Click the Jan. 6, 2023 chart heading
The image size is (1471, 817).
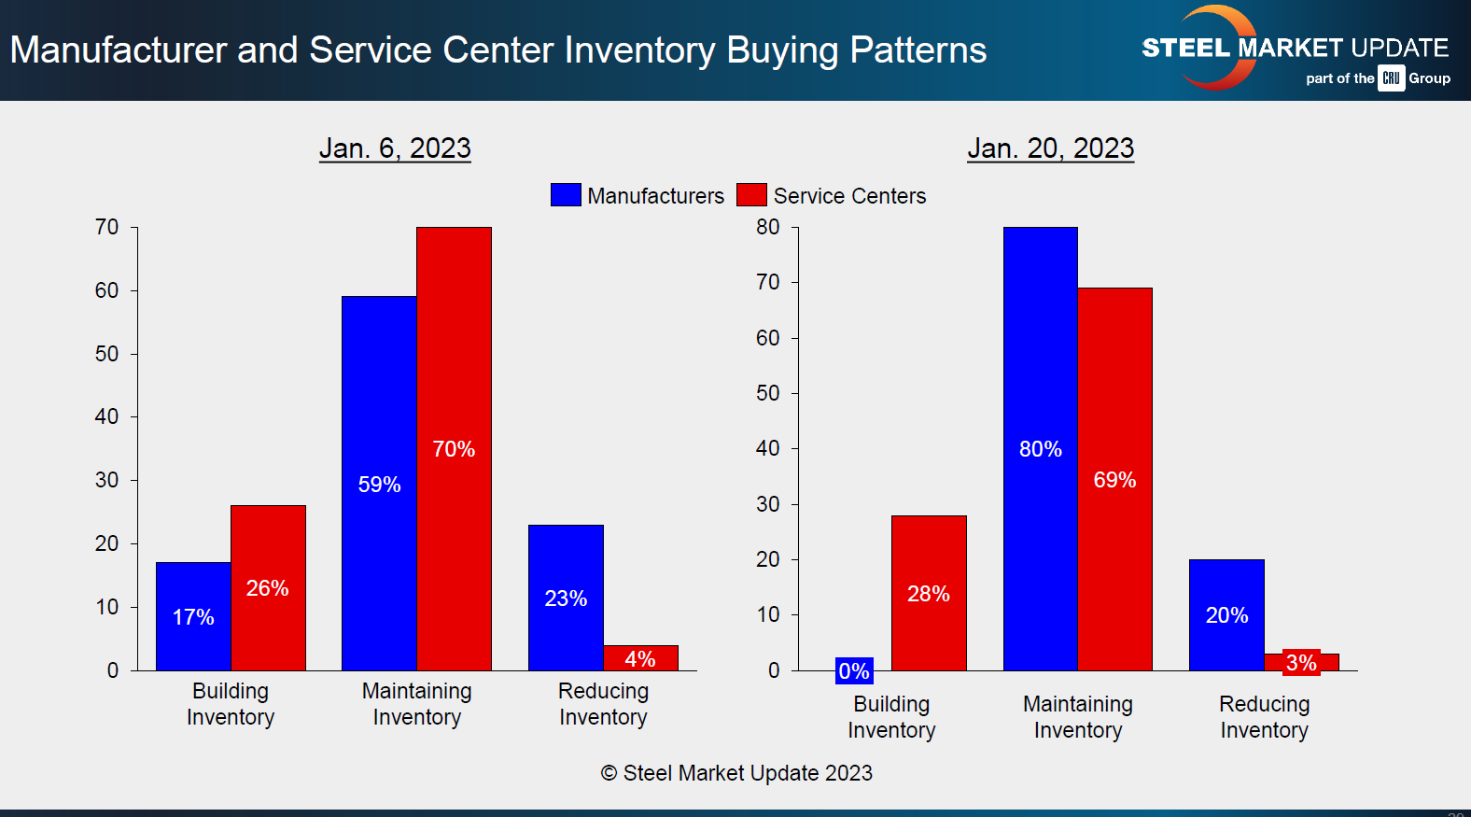pyautogui.click(x=395, y=148)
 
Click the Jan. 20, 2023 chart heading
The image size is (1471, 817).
pyautogui.click(x=1050, y=148)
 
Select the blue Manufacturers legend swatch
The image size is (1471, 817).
pyautogui.click(x=566, y=195)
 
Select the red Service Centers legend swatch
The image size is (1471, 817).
pyautogui.click(x=751, y=195)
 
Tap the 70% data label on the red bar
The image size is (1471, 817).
pyautogui.click(x=454, y=449)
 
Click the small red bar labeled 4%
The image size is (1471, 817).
pyautogui.click(x=640, y=657)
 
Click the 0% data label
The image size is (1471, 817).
pyautogui.click(x=854, y=670)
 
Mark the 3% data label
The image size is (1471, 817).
pyautogui.click(x=1301, y=663)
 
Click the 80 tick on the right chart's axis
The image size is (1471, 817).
pyautogui.click(x=768, y=227)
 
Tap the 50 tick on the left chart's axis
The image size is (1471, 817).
pyautogui.click(x=107, y=354)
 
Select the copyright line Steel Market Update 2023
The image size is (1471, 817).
pyautogui.click(x=736, y=773)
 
